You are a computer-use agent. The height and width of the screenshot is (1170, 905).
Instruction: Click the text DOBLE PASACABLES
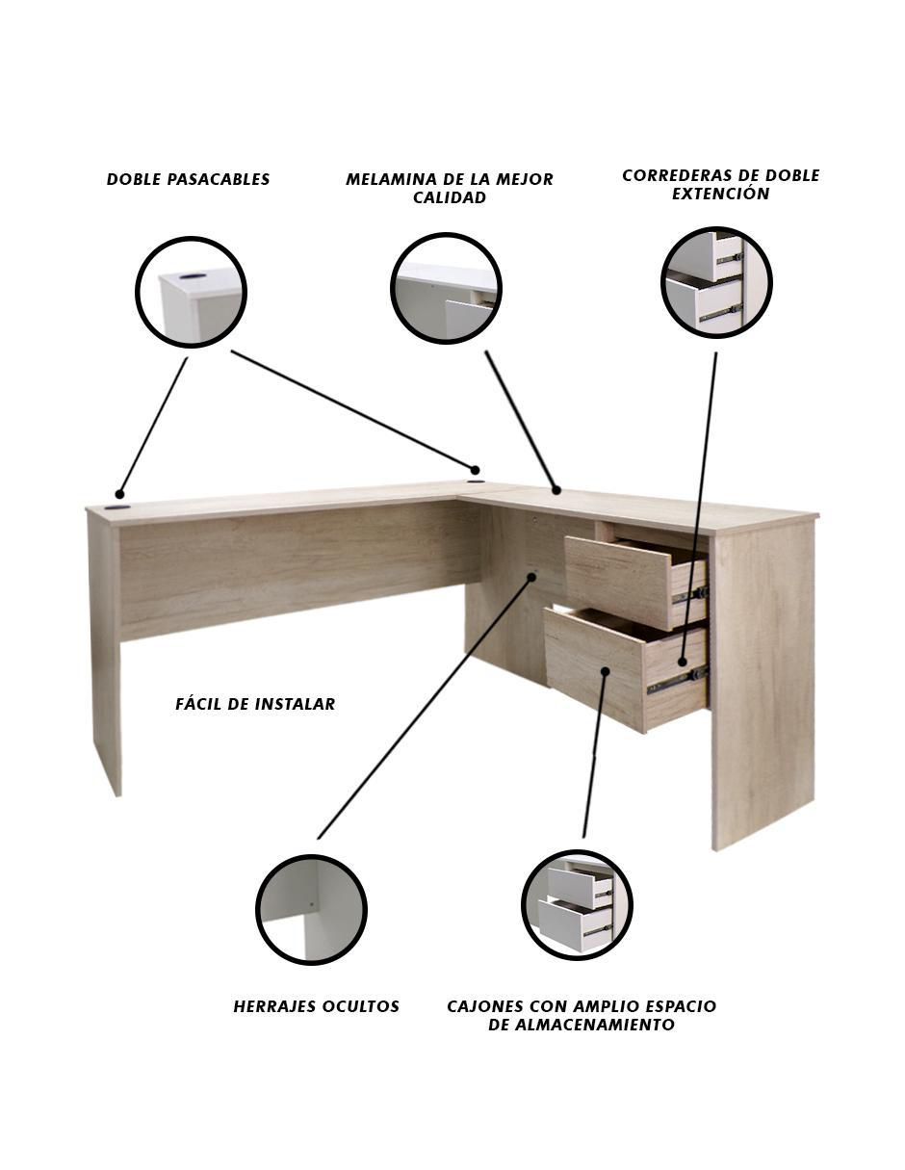point(188,179)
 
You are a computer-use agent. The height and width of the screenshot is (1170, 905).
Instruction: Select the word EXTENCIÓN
point(720,194)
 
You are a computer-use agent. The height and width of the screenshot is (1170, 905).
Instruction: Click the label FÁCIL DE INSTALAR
point(255,704)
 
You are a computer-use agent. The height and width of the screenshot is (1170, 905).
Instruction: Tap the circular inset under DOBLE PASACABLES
point(191,292)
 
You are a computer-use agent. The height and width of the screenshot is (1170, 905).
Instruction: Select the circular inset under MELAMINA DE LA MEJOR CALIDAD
point(446,289)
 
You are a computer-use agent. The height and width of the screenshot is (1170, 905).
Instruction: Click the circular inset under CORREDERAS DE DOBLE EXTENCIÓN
point(716,283)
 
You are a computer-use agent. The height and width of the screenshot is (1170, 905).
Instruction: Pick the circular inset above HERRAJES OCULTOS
point(312,909)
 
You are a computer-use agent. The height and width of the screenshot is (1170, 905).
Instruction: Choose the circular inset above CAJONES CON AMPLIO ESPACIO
point(577,904)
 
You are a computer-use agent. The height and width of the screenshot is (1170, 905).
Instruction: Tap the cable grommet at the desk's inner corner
point(474,483)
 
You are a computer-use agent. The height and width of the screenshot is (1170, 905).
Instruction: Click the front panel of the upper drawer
point(618,582)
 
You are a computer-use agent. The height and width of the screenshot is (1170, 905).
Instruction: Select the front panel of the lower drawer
point(594,669)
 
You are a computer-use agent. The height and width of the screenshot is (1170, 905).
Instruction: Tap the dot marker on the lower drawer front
point(606,671)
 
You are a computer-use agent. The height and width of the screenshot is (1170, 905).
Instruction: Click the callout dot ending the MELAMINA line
point(556,490)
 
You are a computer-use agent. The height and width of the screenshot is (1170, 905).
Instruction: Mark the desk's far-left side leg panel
point(106,653)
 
